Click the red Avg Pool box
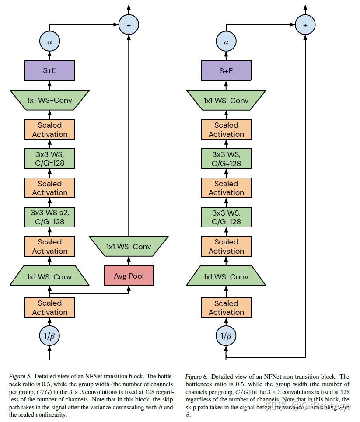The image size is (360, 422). pyautogui.click(x=129, y=276)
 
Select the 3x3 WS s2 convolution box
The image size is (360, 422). pyautogui.click(x=49, y=217)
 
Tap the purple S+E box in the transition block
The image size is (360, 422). pyautogui.click(x=49, y=70)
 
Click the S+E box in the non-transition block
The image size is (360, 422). pyautogui.click(x=226, y=70)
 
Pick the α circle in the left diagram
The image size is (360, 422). pyautogui.click(x=49, y=42)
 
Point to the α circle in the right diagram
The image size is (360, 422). pyautogui.click(x=226, y=42)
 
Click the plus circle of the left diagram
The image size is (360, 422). pyautogui.click(x=129, y=25)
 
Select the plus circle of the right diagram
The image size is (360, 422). pyautogui.click(x=305, y=25)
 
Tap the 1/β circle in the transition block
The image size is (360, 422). pyautogui.click(x=49, y=336)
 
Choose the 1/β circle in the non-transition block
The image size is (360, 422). pyautogui.click(x=226, y=336)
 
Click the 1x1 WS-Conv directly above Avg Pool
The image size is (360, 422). pyautogui.click(x=129, y=247)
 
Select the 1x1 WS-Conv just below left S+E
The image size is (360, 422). pyautogui.click(x=49, y=101)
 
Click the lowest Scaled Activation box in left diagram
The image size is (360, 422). pyautogui.click(x=49, y=307)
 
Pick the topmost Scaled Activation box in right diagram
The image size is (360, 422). pyautogui.click(x=226, y=129)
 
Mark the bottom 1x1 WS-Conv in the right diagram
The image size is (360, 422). pyautogui.click(x=226, y=277)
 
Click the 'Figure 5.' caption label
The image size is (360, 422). pyautogui.click(x=20, y=376)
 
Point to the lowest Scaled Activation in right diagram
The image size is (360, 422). pyautogui.click(x=226, y=307)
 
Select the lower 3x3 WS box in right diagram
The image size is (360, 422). pyautogui.click(x=226, y=217)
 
